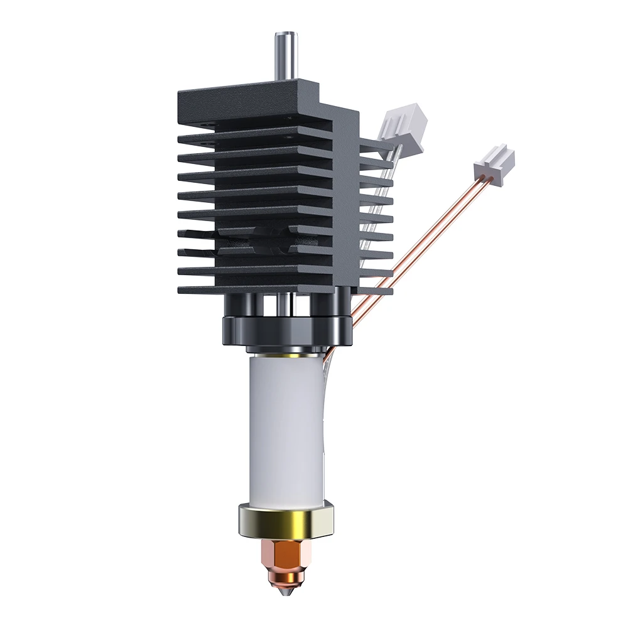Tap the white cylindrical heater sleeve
click(286, 427)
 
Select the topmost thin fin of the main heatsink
click(251, 136)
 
